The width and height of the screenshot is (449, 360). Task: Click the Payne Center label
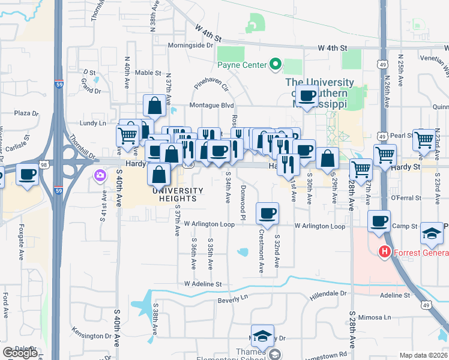point(243,64)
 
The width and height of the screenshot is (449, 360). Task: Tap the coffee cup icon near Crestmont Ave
point(267,212)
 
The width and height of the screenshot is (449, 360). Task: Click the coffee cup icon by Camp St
point(379,220)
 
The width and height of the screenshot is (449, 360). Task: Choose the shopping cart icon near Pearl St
point(424,139)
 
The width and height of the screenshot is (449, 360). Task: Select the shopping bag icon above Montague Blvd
point(154,106)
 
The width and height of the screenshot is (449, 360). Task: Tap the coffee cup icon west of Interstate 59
point(28,175)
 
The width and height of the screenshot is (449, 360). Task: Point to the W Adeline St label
point(203,284)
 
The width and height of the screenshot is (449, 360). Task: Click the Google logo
point(20,353)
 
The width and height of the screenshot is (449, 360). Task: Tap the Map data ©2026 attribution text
point(423,355)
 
